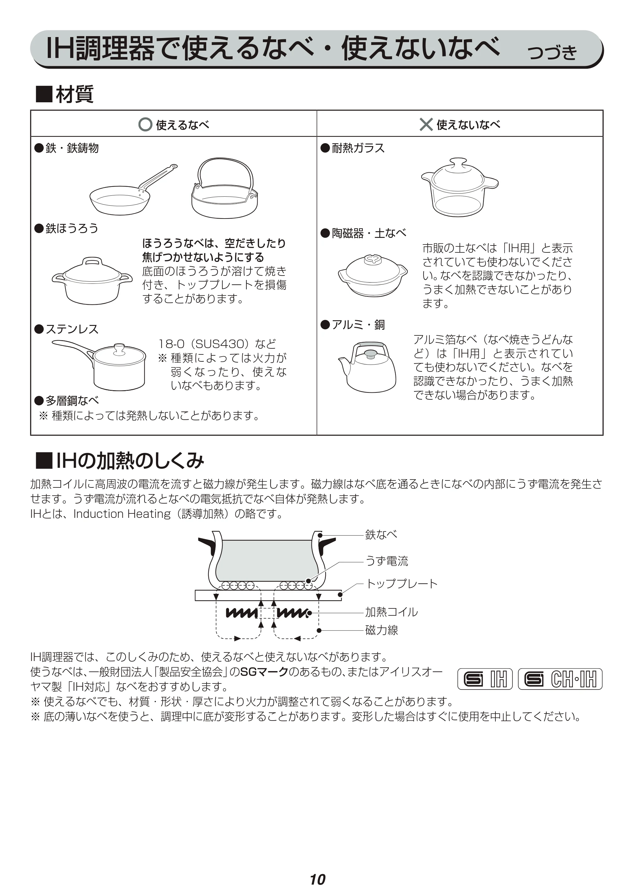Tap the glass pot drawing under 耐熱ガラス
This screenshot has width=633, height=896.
(x=460, y=187)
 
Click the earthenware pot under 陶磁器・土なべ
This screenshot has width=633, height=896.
(x=373, y=276)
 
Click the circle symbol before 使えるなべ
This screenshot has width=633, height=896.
(x=145, y=124)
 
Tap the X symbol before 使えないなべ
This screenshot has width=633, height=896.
(x=426, y=124)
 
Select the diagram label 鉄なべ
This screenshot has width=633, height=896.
(x=381, y=535)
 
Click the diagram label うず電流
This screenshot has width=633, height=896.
(x=386, y=561)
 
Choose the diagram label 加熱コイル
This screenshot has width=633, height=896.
(x=391, y=612)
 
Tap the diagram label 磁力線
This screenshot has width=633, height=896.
(x=382, y=630)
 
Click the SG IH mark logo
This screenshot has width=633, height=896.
(x=485, y=679)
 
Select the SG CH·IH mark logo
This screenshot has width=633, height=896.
(x=560, y=679)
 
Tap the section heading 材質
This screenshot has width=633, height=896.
(x=74, y=94)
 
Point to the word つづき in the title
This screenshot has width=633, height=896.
(x=552, y=52)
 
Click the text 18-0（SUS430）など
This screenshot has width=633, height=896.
(x=217, y=344)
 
